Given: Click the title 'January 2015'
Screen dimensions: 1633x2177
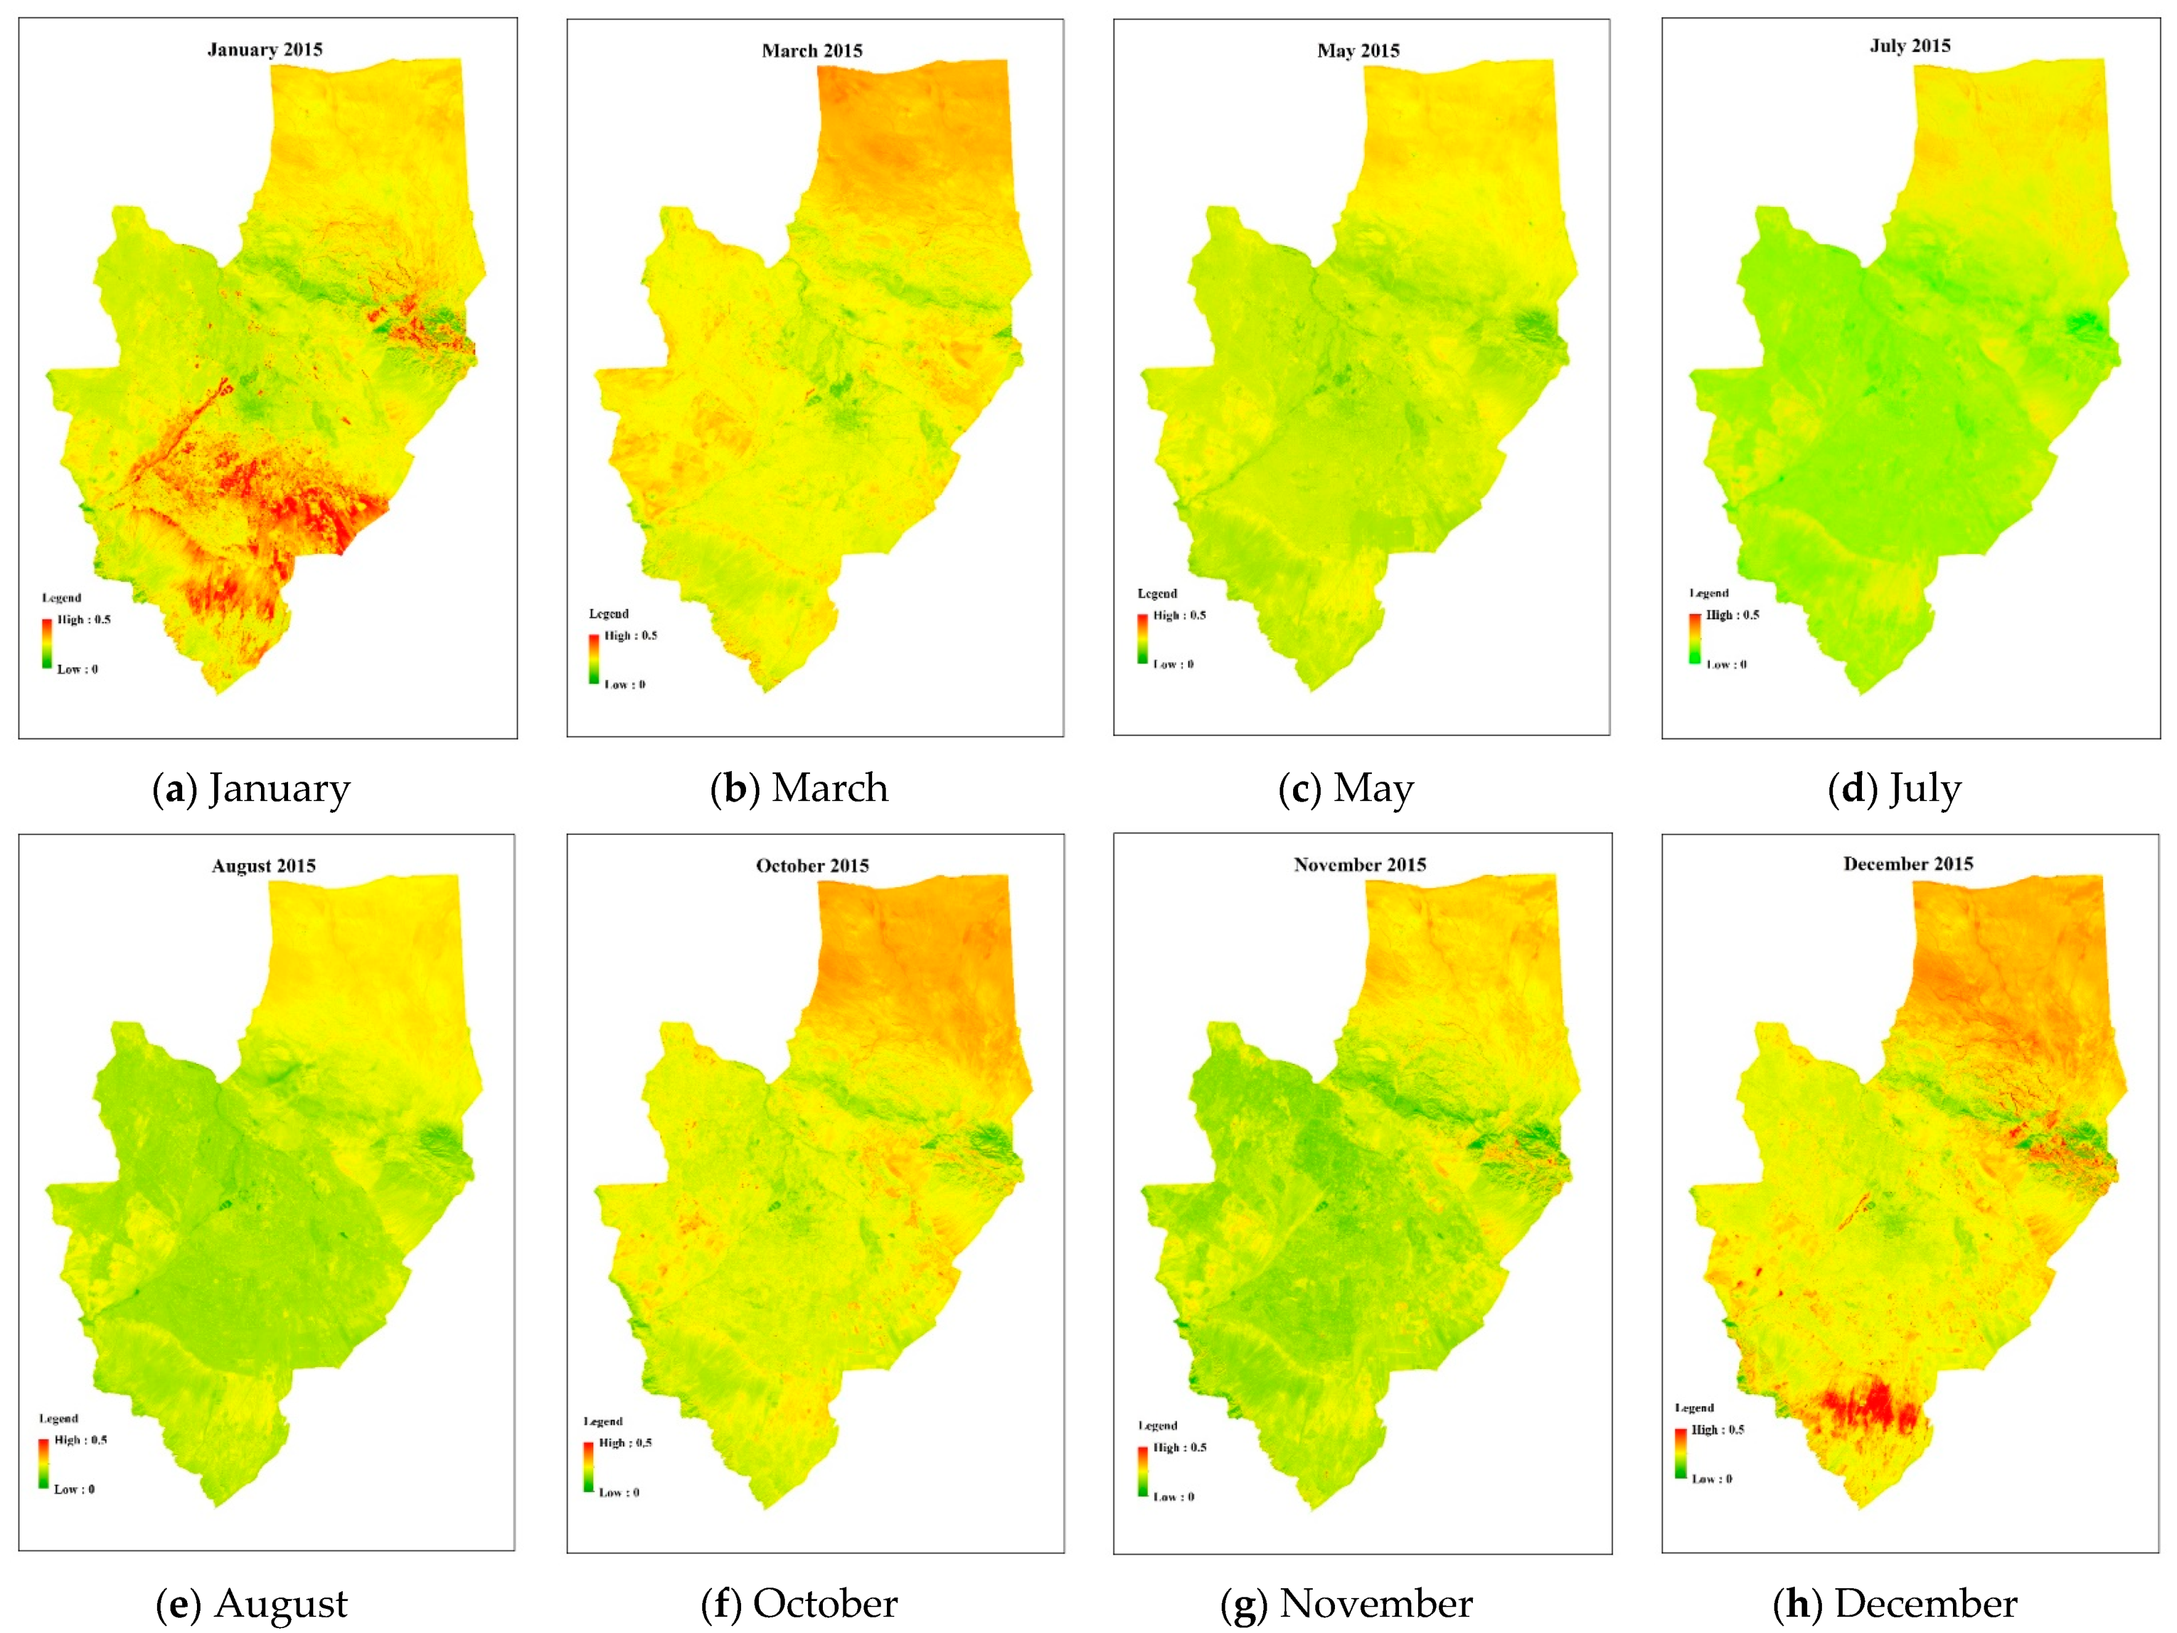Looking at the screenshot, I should [x=265, y=49].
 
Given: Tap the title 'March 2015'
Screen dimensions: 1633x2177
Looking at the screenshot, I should [x=812, y=50].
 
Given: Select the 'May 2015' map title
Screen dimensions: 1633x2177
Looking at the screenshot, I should [x=1358, y=50].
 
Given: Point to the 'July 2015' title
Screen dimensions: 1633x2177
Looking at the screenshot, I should [x=1909, y=46].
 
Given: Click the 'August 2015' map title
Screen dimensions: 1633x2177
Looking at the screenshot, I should [x=264, y=866].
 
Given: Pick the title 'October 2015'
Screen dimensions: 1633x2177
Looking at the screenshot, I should [x=812, y=866].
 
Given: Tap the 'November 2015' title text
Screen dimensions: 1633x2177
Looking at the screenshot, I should [x=1359, y=864].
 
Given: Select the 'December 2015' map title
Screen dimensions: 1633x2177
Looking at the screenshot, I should [x=1907, y=864].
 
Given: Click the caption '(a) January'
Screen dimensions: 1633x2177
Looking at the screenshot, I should [x=252, y=789].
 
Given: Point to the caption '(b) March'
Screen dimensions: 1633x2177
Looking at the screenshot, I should [x=799, y=789].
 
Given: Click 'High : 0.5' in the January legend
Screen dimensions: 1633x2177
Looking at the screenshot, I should [x=84, y=620].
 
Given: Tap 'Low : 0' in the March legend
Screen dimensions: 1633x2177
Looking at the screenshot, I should [x=625, y=685].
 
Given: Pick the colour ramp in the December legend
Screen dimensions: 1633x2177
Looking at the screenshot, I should [x=1680, y=1453].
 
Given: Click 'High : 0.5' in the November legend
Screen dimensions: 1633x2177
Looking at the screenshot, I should [x=1179, y=1447].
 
